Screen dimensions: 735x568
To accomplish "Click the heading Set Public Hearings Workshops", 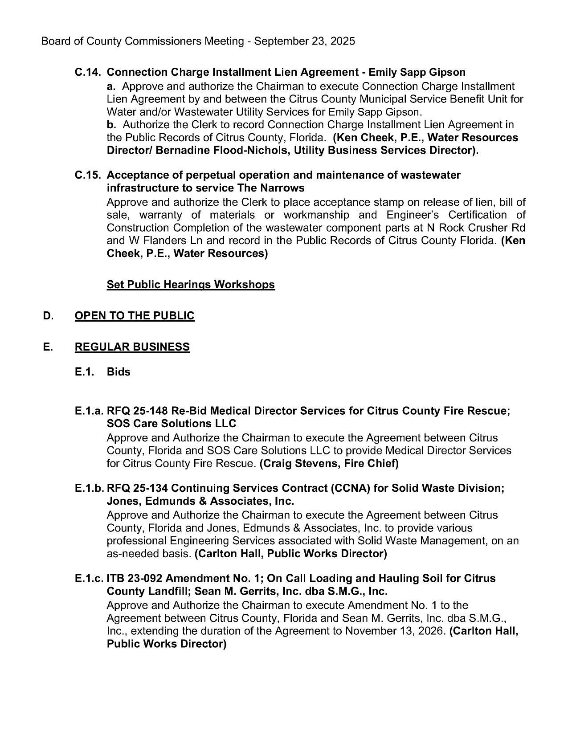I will [x=191, y=285].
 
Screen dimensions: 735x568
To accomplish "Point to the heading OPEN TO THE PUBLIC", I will [x=135, y=316].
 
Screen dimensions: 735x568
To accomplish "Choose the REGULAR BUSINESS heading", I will [x=132, y=347].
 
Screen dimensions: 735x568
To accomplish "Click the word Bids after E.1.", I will [x=119, y=372].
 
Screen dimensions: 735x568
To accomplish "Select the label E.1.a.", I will [x=90, y=411].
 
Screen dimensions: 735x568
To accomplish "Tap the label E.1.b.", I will [x=90, y=488].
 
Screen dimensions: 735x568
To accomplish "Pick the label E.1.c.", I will [x=90, y=579].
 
